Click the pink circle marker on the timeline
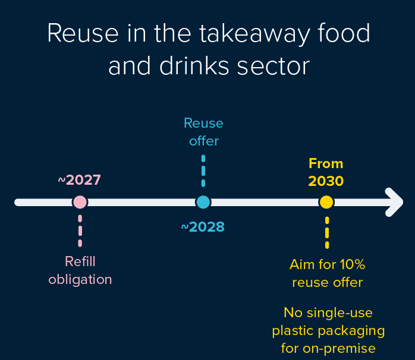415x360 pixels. [80, 202]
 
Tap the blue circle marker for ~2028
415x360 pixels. [203, 202]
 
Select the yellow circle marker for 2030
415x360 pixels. [326, 202]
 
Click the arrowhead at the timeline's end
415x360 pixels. [395, 202]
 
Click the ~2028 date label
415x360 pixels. [203, 226]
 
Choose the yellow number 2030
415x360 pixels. [326, 181]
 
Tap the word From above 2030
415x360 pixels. [326, 163]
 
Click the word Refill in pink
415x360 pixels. [80, 261]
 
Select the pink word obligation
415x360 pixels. [80, 279]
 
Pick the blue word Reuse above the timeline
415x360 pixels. [203, 123]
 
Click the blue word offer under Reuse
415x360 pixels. [203, 141]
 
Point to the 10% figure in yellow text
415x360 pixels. [353, 264]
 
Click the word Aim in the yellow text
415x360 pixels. [301, 264]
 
